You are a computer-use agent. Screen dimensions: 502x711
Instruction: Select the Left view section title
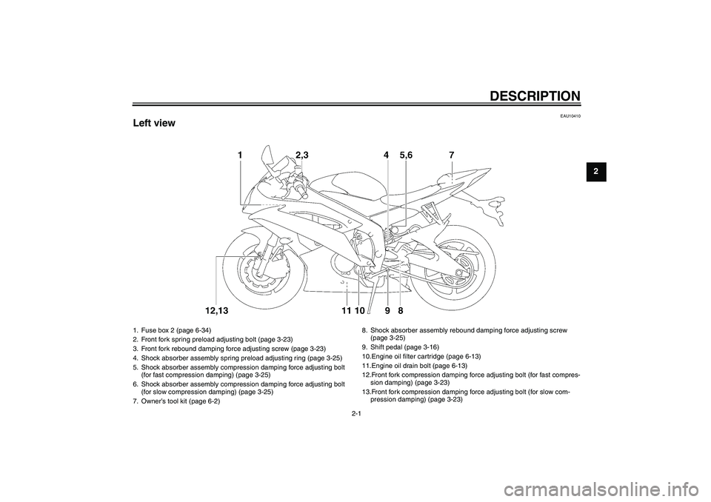[x=154, y=123]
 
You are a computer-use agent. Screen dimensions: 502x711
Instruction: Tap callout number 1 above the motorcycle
[x=241, y=155]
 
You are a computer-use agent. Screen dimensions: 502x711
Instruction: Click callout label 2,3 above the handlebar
[x=301, y=155]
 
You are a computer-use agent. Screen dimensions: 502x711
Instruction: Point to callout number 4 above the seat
[x=387, y=155]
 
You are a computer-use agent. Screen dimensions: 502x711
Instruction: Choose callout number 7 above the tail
[x=451, y=155]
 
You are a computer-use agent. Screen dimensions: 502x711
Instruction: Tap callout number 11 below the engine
[x=346, y=309]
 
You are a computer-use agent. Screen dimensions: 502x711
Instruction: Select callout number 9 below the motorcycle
[x=387, y=309]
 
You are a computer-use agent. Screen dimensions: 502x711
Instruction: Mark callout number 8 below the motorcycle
[x=400, y=309]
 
